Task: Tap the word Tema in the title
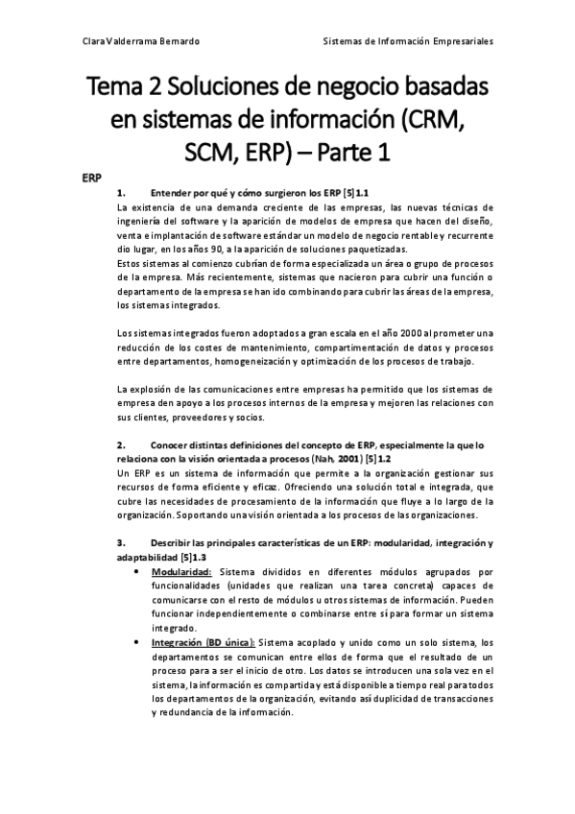[115, 90]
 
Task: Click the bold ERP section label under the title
[90, 178]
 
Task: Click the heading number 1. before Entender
[120, 193]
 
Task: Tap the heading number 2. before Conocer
[120, 446]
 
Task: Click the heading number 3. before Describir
[120, 544]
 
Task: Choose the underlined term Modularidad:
[181, 573]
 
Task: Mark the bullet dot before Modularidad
[141, 573]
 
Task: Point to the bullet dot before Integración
[141, 642]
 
